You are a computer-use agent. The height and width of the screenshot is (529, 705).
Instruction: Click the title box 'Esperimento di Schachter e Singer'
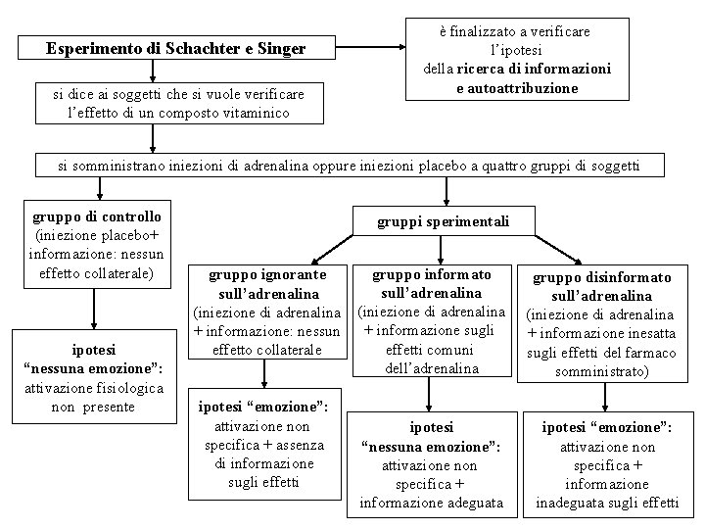(176, 48)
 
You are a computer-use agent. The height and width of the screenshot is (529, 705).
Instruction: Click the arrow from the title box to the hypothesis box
(370, 48)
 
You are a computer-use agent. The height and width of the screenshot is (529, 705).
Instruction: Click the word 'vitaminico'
(256, 113)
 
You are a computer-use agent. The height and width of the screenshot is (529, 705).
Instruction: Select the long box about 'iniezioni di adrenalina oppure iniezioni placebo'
(349, 166)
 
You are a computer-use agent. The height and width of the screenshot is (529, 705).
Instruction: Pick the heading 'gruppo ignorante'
(268, 274)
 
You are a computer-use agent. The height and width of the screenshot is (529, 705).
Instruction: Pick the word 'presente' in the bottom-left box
(110, 407)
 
